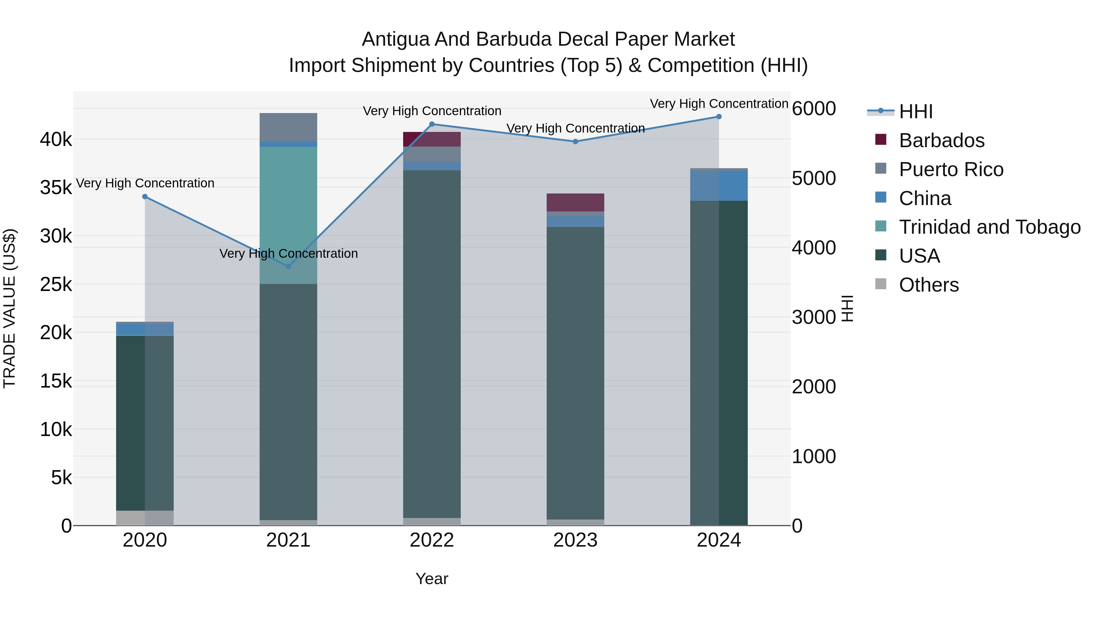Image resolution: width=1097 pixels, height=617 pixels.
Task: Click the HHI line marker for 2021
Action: tap(288, 267)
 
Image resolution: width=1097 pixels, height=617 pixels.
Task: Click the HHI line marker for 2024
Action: tap(719, 117)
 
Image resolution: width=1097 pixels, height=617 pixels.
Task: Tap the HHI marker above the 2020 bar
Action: tap(145, 197)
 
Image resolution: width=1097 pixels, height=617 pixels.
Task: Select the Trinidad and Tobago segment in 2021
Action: tap(288, 215)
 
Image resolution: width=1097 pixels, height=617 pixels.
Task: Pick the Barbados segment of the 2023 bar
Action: tap(575, 202)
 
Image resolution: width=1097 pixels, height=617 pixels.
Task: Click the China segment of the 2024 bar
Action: tap(719, 186)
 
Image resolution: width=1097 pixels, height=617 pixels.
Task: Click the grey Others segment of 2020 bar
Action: tap(145, 518)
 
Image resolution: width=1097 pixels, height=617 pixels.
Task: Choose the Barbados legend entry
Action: tap(942, 140)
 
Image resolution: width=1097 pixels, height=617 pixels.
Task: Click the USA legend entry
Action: tap(919, 256)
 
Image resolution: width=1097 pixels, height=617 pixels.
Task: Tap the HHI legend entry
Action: tap(916, 112)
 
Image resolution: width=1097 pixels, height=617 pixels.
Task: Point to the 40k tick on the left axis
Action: tap(56, 139)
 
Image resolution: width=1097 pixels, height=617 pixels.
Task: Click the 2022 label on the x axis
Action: tap(432, 540)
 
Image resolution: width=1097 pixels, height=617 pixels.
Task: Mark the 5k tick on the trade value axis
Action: tap(61, 478)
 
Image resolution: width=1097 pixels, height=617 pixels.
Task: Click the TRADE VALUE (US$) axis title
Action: tap(9, 308)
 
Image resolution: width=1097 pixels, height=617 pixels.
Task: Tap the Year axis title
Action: tap(432, 579)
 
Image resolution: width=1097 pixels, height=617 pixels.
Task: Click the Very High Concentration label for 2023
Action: tap(575, 128)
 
